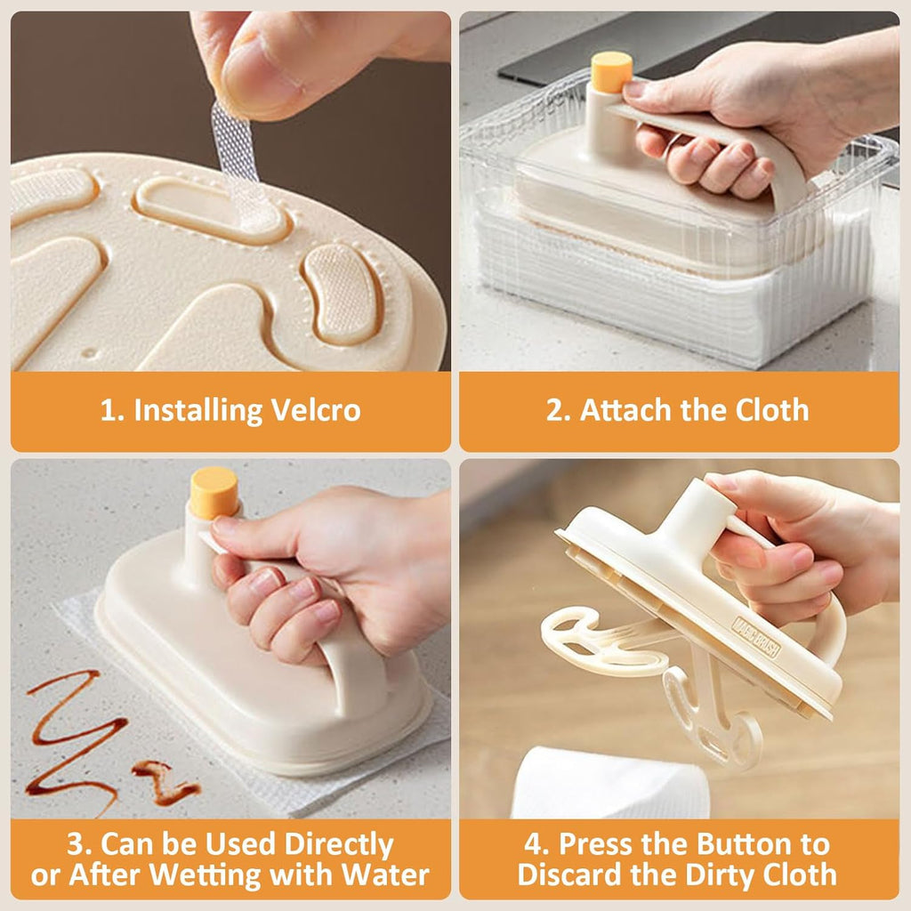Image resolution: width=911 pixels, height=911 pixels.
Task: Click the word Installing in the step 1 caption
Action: [198, 411]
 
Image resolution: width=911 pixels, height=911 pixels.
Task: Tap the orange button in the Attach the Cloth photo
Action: [611, 71]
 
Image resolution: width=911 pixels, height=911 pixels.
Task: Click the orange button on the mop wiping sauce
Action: [214, 492]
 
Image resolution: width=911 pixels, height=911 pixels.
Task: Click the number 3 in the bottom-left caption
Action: [76, 843]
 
